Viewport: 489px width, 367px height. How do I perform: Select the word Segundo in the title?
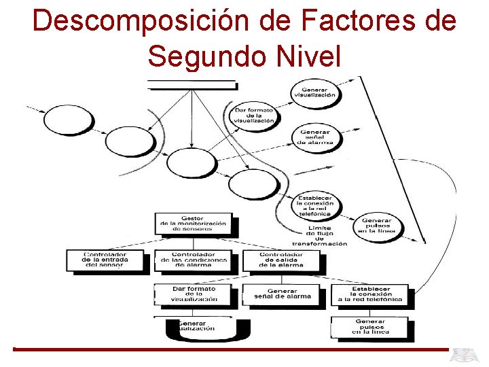[202, 55]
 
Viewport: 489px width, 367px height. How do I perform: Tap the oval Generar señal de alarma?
[315, 137]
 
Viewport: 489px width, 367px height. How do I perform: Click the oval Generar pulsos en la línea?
[376, 226]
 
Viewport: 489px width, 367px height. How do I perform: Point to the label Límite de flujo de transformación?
[319, 235]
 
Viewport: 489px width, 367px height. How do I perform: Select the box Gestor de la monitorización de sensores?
[193, 224]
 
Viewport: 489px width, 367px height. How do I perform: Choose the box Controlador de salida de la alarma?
[281, 260]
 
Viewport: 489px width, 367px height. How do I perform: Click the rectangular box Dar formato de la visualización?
[194, 294]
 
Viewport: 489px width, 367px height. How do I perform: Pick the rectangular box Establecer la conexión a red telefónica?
[370, 294]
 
